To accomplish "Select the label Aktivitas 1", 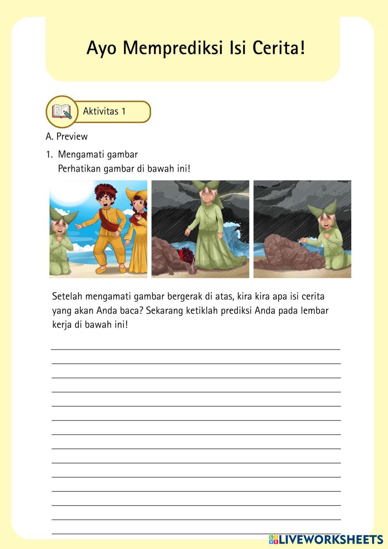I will [104, 111].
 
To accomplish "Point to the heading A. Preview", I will [67, 137].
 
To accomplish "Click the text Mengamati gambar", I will [98, 155].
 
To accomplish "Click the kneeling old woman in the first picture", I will [60, 245].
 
